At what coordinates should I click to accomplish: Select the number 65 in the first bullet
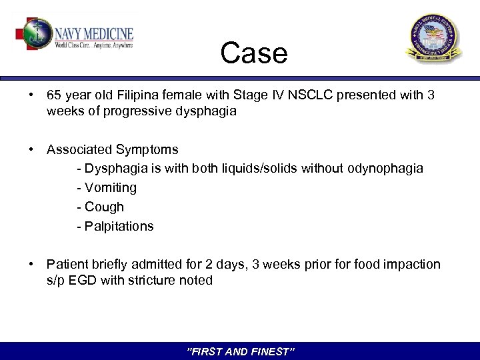(x=54, y=95)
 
